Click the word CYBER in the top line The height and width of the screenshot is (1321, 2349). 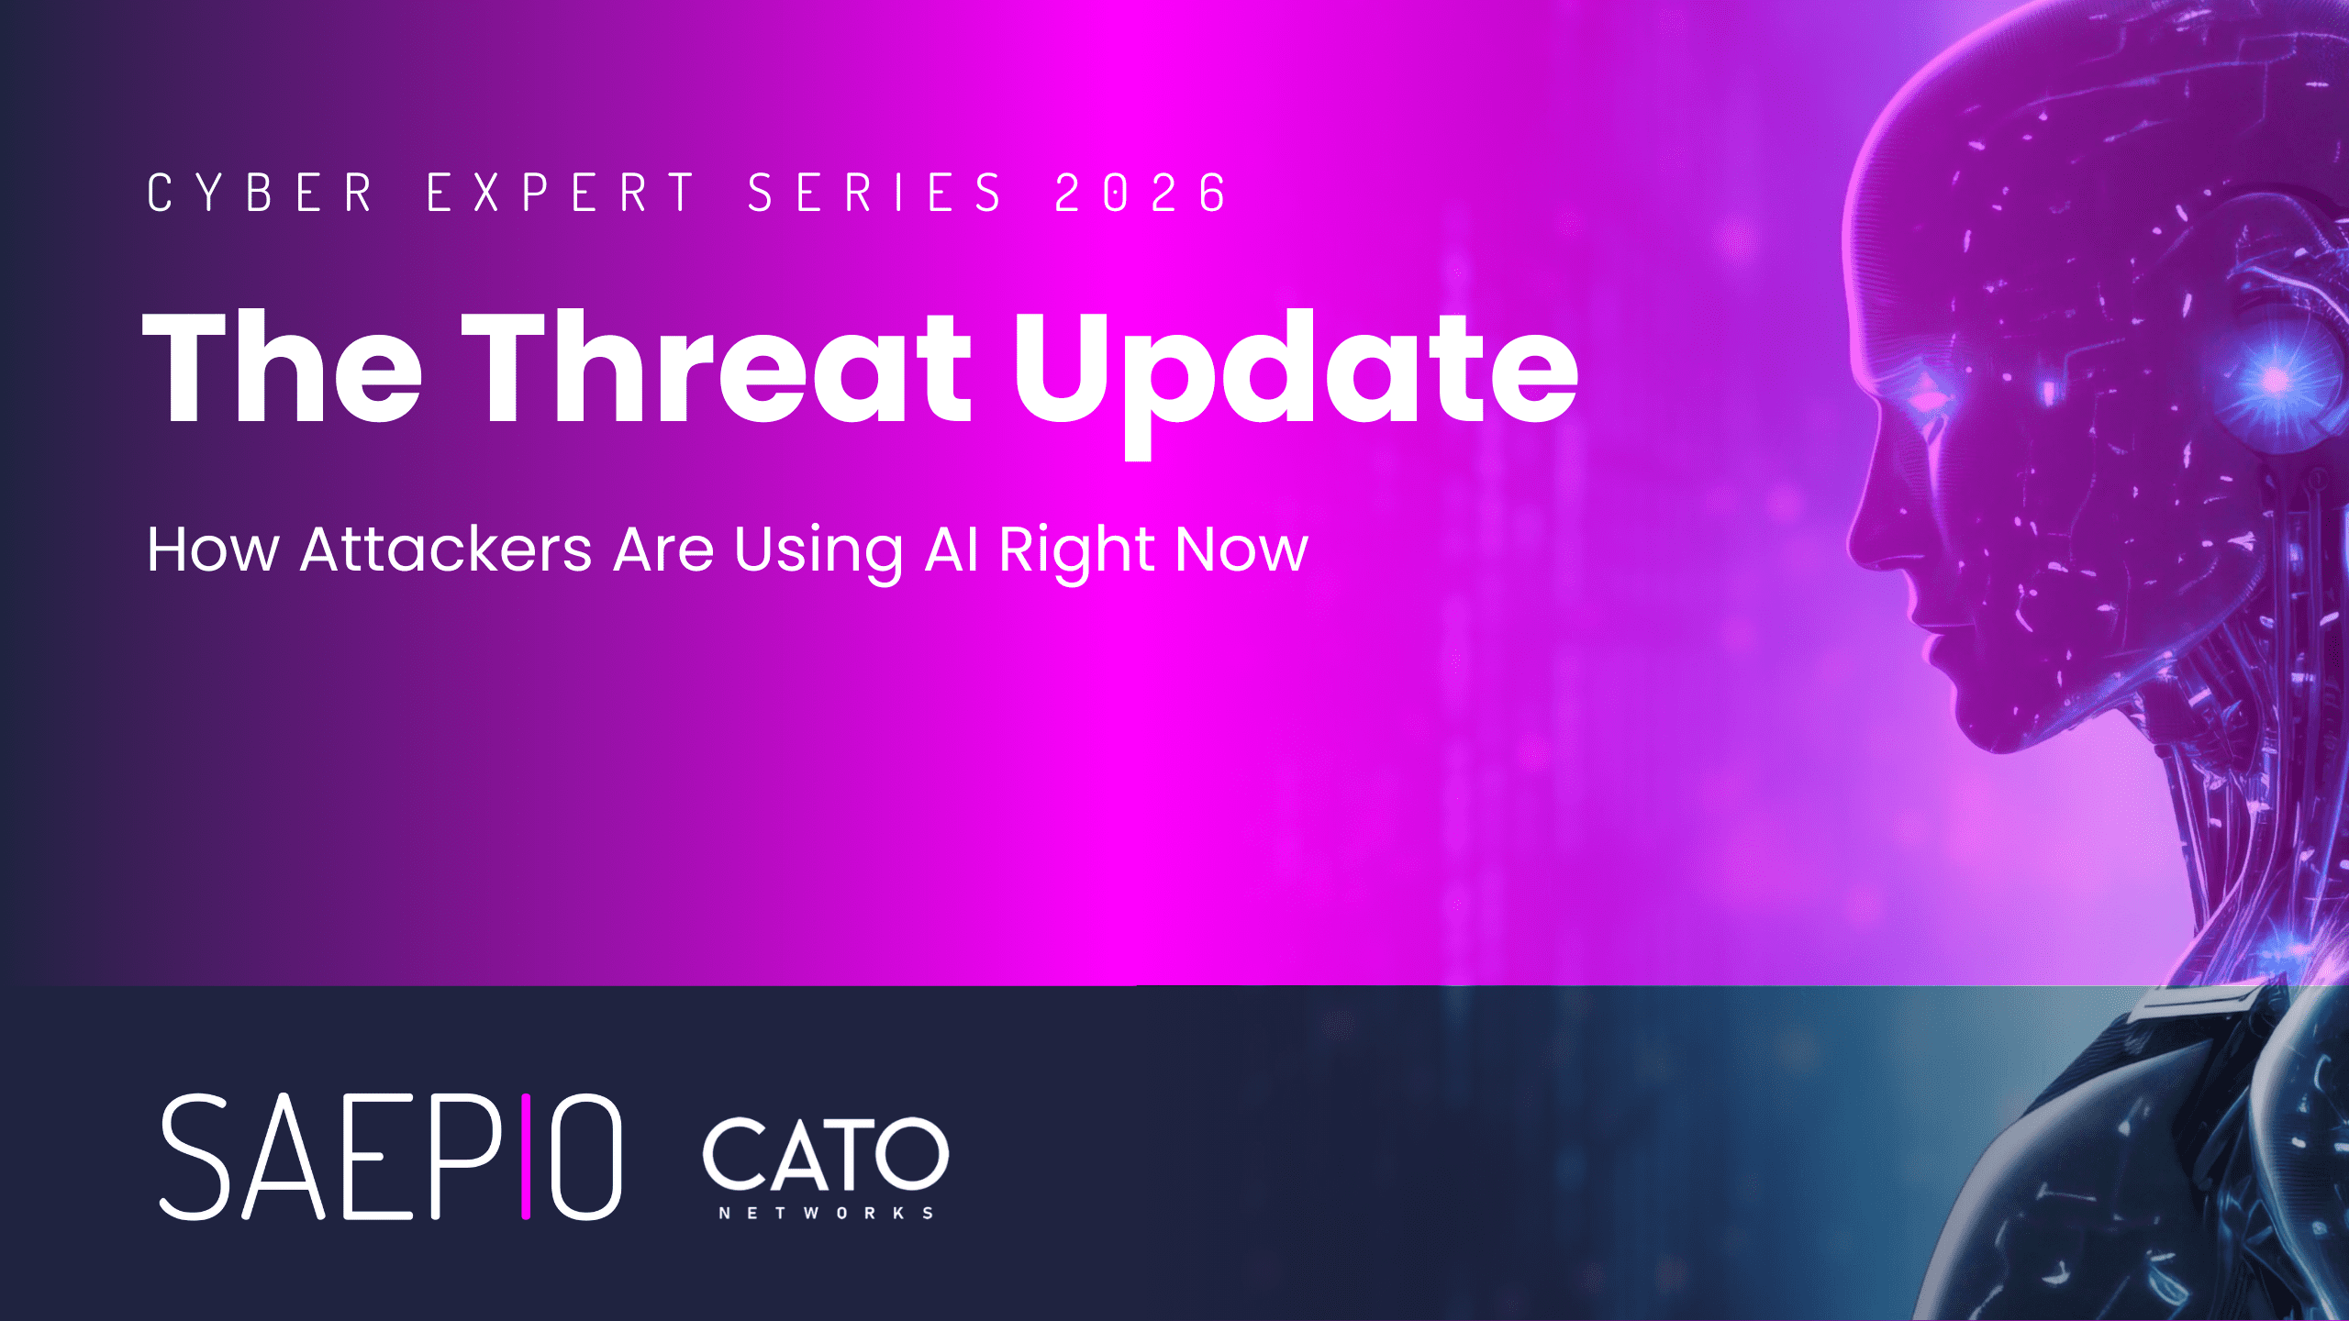coord(261,194)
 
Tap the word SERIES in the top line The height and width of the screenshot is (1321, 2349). coord(875,194)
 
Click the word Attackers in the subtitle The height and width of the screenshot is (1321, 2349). coord(446,549)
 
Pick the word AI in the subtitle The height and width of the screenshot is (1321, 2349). coord(952,549)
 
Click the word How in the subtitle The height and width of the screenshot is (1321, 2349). coord(213,549)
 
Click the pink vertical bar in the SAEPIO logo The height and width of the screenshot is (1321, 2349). coord(526,1157)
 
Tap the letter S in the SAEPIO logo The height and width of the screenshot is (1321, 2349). coord(195,1157)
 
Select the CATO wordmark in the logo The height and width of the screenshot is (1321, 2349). coord(825,1153)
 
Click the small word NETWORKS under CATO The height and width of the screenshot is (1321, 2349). coord(826,1213)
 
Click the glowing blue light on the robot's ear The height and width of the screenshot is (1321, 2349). coord(2274,378)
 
